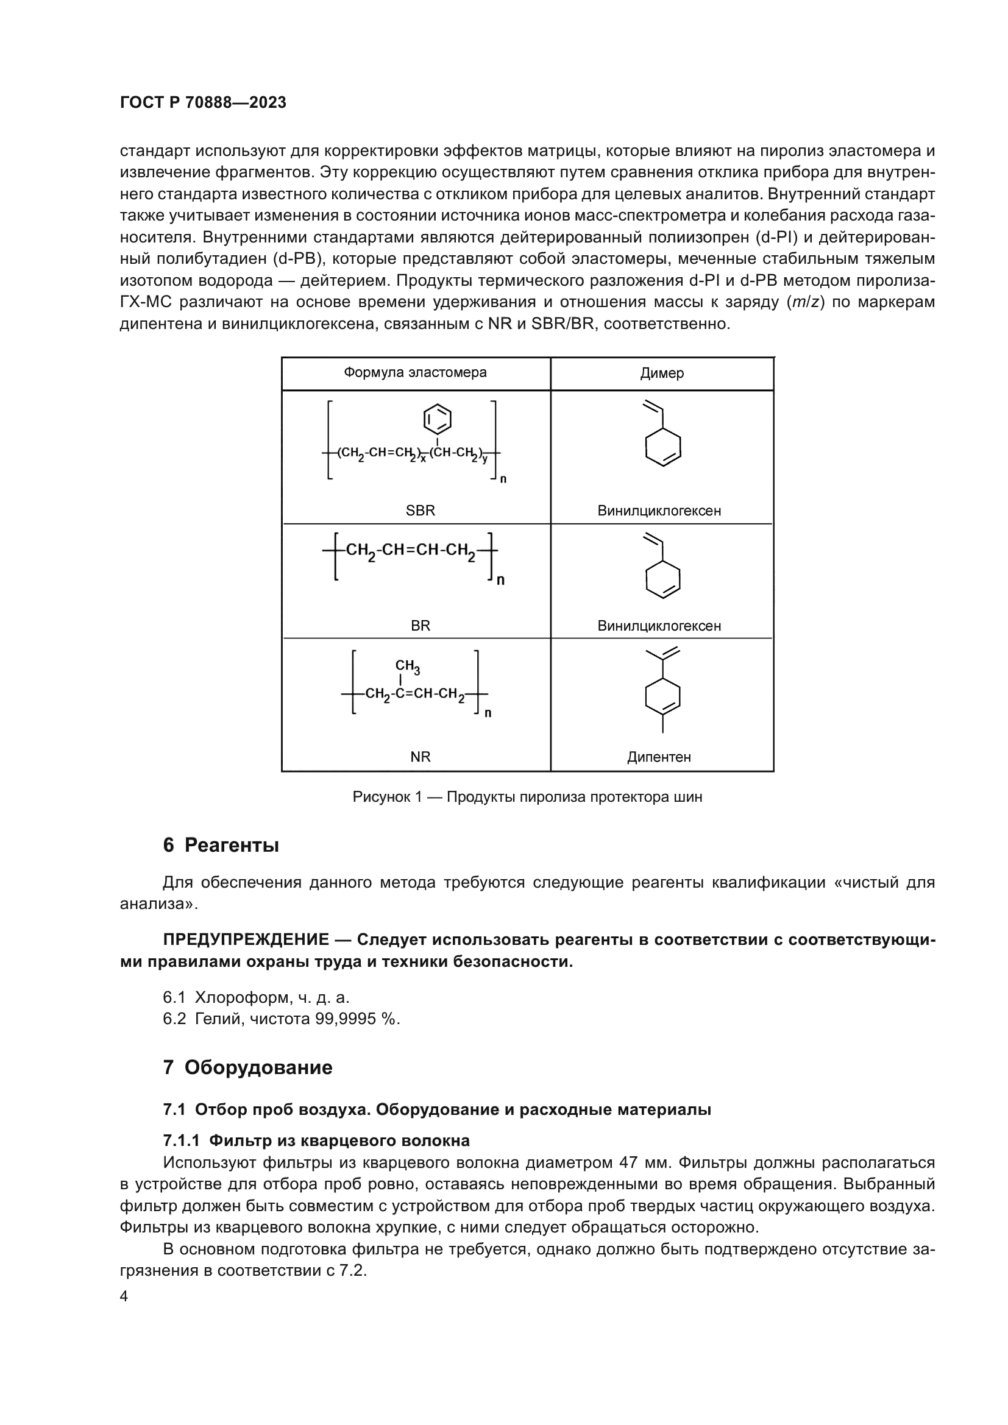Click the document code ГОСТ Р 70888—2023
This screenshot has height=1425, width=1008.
coord(203,102)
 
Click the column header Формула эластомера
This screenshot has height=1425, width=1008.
coord(415,372)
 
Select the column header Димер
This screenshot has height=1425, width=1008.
coord(662,373)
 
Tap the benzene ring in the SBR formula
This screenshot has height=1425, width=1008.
coord(437,419)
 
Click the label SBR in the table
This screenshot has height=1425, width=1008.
coord(421,511)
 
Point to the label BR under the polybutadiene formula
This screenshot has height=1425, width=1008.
coord(421,626)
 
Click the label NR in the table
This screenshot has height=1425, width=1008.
coord(421,757)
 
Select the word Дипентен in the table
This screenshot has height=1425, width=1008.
coord(659,757)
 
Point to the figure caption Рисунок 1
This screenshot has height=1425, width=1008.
coord(527,797)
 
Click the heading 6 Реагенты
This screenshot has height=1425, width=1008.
coord(221,846)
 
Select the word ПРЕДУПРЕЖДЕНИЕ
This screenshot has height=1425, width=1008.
coord(246,939)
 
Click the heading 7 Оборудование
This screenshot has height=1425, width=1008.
coord(247,1067)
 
